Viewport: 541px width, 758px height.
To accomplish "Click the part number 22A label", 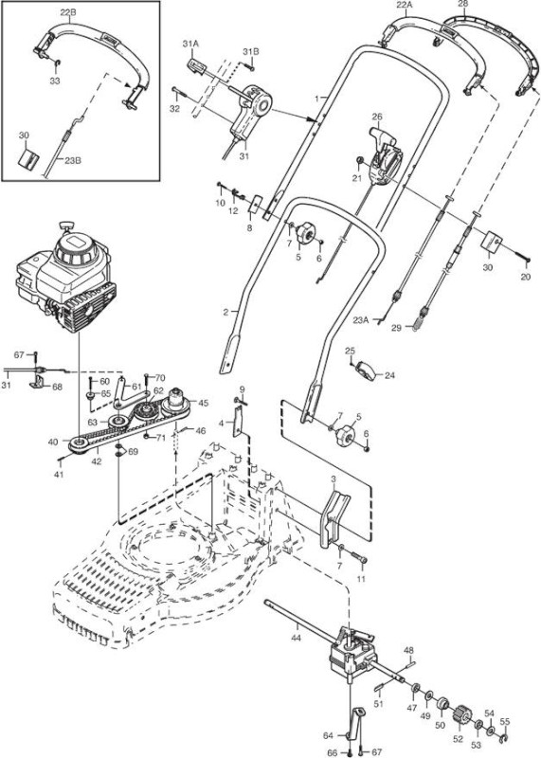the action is point(405,6).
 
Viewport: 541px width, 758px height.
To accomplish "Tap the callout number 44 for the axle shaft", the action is point(296,638).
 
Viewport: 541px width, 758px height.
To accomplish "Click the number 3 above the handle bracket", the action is point(334,478).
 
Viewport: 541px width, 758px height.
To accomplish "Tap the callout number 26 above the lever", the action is point(377,117).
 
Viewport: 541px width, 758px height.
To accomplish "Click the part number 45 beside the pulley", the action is point(204,403).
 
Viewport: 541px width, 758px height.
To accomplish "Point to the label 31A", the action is point(190,44).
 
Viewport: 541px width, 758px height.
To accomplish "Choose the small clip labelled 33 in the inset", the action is point(57,63).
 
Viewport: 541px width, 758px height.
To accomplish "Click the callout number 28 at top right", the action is point(462,5).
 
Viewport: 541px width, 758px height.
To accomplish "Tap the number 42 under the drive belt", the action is point(97,461).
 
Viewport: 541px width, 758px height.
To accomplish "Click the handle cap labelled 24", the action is point(367,371).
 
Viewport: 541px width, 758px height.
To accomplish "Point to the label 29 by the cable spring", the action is point(396,328).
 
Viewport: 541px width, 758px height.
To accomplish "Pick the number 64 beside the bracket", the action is point(328,736).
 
